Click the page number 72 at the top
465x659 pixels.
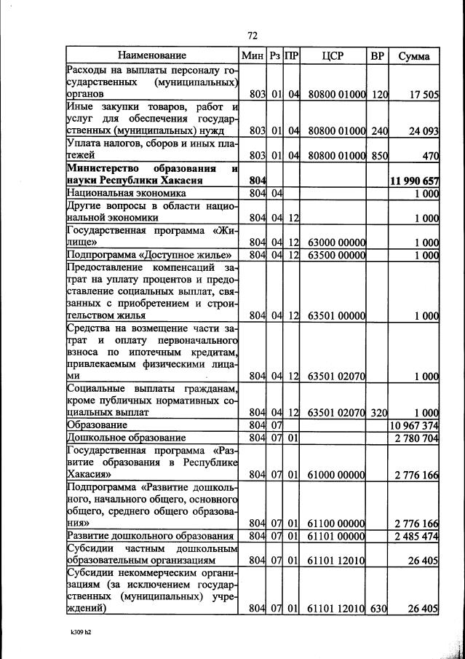tap(253, 35)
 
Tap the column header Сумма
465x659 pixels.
tap(414, 56)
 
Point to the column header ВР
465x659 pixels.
tap(378, 56)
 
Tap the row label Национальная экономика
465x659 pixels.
tap(126, 193)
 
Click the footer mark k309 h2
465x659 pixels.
tap(76, 633)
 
